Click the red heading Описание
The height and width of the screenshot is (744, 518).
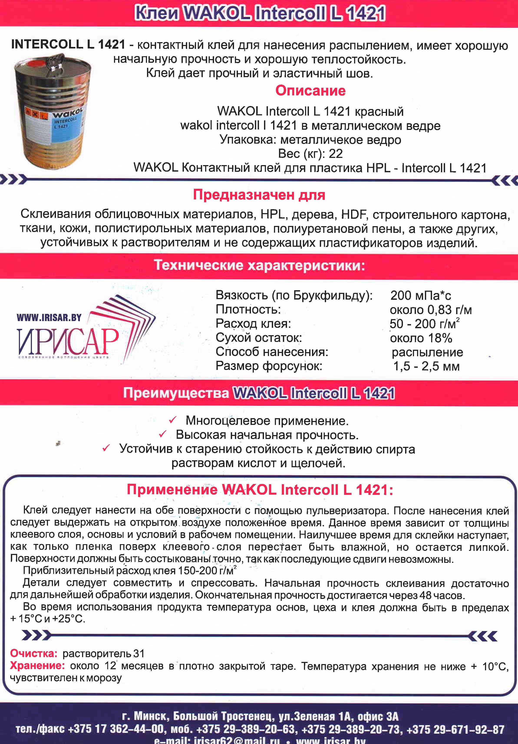point(310,91)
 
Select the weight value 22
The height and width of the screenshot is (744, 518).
point(336,154)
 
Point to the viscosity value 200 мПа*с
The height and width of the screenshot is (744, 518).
point(421,295)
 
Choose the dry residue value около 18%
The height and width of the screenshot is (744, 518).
point(421,338)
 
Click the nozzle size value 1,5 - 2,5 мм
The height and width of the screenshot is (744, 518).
point(426,366)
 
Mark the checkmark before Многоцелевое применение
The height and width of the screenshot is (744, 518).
point(172,420)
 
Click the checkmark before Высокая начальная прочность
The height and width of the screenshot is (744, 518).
point(163,434)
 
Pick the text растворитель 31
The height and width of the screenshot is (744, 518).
point(103,654)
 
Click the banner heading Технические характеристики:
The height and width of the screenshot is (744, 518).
point(259,266)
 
